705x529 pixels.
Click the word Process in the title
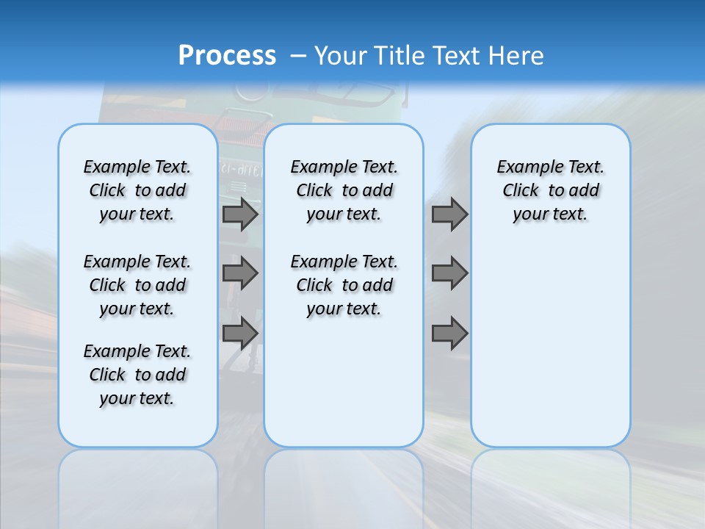(227, 55)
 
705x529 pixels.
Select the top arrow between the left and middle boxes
(240, 214)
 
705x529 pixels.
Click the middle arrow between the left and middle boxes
(240, 273)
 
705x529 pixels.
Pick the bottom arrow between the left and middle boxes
(240, 333)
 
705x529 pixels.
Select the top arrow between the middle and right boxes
(449, 214)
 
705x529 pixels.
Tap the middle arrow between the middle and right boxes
(449, 273)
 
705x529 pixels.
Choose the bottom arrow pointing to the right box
(449, 333)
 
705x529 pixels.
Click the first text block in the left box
(137, 190)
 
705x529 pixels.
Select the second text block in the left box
(137, 285)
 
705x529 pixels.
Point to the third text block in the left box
(137, 375)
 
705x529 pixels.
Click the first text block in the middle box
(344, 190)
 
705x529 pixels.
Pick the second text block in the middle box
(344, 285)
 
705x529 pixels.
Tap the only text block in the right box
(551, 190)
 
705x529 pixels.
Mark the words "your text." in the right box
(551, 215)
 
